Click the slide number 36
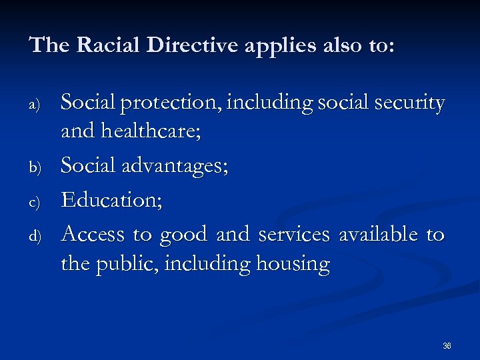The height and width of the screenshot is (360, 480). pyautogui.click(x=447, y=346)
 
